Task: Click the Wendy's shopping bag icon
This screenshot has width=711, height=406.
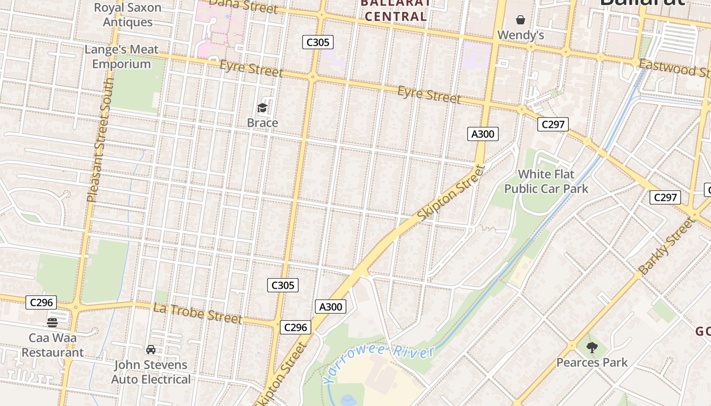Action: coord(521,20)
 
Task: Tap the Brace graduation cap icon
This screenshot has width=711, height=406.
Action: coord(262,108)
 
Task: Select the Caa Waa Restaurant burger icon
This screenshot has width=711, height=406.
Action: coord(52,323)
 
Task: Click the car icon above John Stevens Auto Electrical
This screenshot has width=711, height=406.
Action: coord(151,350)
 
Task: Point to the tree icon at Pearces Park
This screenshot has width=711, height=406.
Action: coord(592,348)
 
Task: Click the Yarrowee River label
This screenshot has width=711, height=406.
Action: coord(378,364)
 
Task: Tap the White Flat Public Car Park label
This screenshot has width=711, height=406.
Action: coord(546,182)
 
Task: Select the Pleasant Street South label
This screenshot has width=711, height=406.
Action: coord(101,140)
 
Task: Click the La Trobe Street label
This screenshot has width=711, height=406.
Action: coord(198,313)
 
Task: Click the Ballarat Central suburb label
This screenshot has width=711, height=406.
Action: coord(396,10)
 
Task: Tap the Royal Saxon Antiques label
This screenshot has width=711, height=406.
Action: coord(127,15)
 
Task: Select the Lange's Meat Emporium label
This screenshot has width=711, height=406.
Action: coord(121,57)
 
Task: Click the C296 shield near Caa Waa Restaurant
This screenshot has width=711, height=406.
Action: coord(42,302)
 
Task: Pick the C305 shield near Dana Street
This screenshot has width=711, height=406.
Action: coord(318,42)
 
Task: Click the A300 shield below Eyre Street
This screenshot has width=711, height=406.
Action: coord(482,134)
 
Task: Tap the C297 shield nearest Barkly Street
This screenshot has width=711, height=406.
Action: coord(665,197)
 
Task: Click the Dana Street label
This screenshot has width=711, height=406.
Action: coord(244,6)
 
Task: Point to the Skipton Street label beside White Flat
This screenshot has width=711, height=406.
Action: coord(451,192)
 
